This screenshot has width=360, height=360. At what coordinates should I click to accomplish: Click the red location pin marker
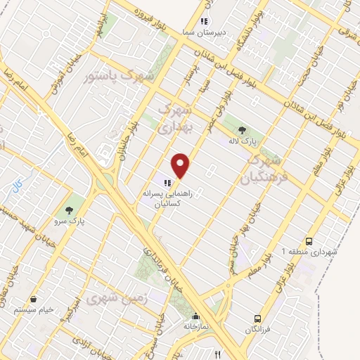181,166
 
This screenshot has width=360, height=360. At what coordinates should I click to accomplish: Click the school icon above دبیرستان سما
205,22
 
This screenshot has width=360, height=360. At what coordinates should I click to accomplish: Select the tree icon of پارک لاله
243,129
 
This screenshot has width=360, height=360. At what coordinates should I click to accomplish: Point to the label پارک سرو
70,221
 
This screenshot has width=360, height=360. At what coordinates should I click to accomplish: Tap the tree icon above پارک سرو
69,210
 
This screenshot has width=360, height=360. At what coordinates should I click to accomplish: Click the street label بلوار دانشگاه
252,28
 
